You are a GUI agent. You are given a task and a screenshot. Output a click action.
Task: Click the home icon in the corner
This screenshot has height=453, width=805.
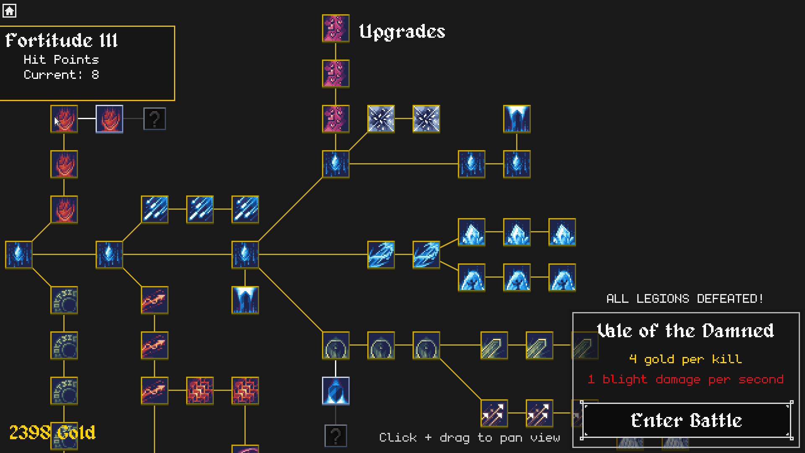pos(9,10)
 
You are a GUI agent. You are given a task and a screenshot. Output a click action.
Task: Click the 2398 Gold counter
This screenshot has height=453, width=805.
pos(52,432)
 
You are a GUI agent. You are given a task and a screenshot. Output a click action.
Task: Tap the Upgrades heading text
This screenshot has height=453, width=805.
pos(402,32)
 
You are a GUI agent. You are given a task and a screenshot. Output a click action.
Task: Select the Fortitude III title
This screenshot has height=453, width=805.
pos(62,41)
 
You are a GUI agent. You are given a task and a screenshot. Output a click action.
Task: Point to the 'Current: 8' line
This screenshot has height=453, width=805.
pos(61,75)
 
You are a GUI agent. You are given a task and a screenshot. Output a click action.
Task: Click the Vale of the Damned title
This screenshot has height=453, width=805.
pos(686,331)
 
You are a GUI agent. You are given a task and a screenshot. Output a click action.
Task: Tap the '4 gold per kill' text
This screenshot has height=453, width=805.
pos(686,359)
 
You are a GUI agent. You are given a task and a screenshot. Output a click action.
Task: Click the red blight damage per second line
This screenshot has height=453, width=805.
pos(686,380)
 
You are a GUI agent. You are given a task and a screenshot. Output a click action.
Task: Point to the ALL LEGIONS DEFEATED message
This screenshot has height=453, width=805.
pos(685,299)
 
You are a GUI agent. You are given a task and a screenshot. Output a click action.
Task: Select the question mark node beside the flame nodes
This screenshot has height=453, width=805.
pos(155,119)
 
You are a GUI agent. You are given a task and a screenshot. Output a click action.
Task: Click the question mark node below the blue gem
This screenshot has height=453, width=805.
pos(336,436)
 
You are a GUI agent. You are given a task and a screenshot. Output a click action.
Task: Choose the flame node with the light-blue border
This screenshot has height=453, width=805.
pos(109,119)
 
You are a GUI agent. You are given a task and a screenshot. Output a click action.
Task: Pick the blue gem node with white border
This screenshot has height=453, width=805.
pos(336,391)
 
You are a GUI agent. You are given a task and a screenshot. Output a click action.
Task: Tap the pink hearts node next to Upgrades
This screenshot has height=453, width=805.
pos(336,29)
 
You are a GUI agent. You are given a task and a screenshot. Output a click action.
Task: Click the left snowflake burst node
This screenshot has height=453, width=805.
pos(381,119)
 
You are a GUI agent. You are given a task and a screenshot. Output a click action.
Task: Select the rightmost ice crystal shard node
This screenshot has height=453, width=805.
pos(562,232)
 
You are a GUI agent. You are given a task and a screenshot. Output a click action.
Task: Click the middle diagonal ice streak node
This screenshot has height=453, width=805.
pos(200,209)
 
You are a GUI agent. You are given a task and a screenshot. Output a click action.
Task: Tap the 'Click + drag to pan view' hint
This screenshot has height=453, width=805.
pos(470,438)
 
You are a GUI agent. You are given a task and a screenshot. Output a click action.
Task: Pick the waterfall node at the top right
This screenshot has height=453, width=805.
pos(517,119)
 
